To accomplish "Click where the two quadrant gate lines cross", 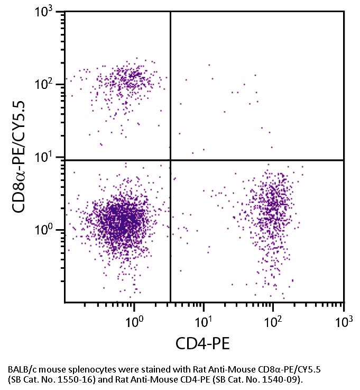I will point(170,160).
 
